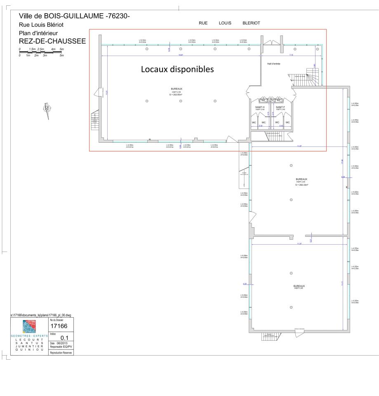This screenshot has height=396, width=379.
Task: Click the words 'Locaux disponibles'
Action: (177, 69)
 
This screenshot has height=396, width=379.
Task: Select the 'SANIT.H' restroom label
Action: (260, 107)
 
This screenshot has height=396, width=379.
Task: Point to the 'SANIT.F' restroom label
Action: (280, 107)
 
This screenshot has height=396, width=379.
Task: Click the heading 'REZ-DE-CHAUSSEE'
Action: (52, 41)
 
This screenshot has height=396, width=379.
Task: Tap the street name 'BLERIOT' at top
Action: (251, 23)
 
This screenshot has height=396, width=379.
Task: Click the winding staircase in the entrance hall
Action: (311, 77)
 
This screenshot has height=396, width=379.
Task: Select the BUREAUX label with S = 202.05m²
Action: (177, 90)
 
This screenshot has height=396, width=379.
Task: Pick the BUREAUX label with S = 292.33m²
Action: (301, 181)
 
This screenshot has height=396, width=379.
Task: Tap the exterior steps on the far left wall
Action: (95, 119)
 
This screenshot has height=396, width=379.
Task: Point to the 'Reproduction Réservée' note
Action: (61, 353)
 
